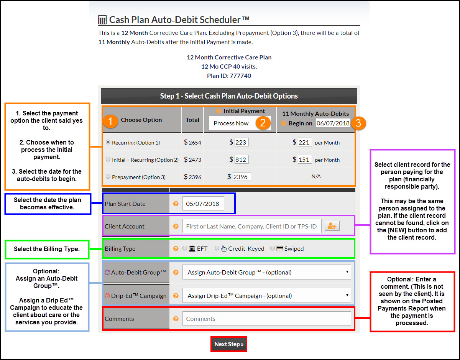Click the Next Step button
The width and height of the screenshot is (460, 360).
(228, 344)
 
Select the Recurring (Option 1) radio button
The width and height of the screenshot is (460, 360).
(108, 142)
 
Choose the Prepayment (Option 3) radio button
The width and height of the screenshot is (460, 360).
(108, 177)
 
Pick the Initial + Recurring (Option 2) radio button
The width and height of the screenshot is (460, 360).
(108, 159)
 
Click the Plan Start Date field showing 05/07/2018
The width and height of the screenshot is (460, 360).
(203, 204)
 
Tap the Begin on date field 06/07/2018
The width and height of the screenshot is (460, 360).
(333, 123)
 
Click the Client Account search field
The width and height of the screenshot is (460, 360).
(251, 226)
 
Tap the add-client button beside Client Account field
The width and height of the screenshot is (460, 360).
(332, 226)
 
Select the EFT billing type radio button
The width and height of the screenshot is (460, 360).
(185, 248)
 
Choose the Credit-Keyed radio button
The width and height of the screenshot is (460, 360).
(217, 248)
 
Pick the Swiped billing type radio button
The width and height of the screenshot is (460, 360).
(273, 248)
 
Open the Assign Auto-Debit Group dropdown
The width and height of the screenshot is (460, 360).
(267, 272)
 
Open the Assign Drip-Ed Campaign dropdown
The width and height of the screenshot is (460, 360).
(267, 296)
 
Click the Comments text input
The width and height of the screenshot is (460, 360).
(267, 319)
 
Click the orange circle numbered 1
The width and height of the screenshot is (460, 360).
(110, 122)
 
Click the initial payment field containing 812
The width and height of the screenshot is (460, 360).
(241, 159)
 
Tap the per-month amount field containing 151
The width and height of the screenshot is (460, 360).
(304, 159)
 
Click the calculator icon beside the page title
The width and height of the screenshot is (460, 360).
(102, 20)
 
